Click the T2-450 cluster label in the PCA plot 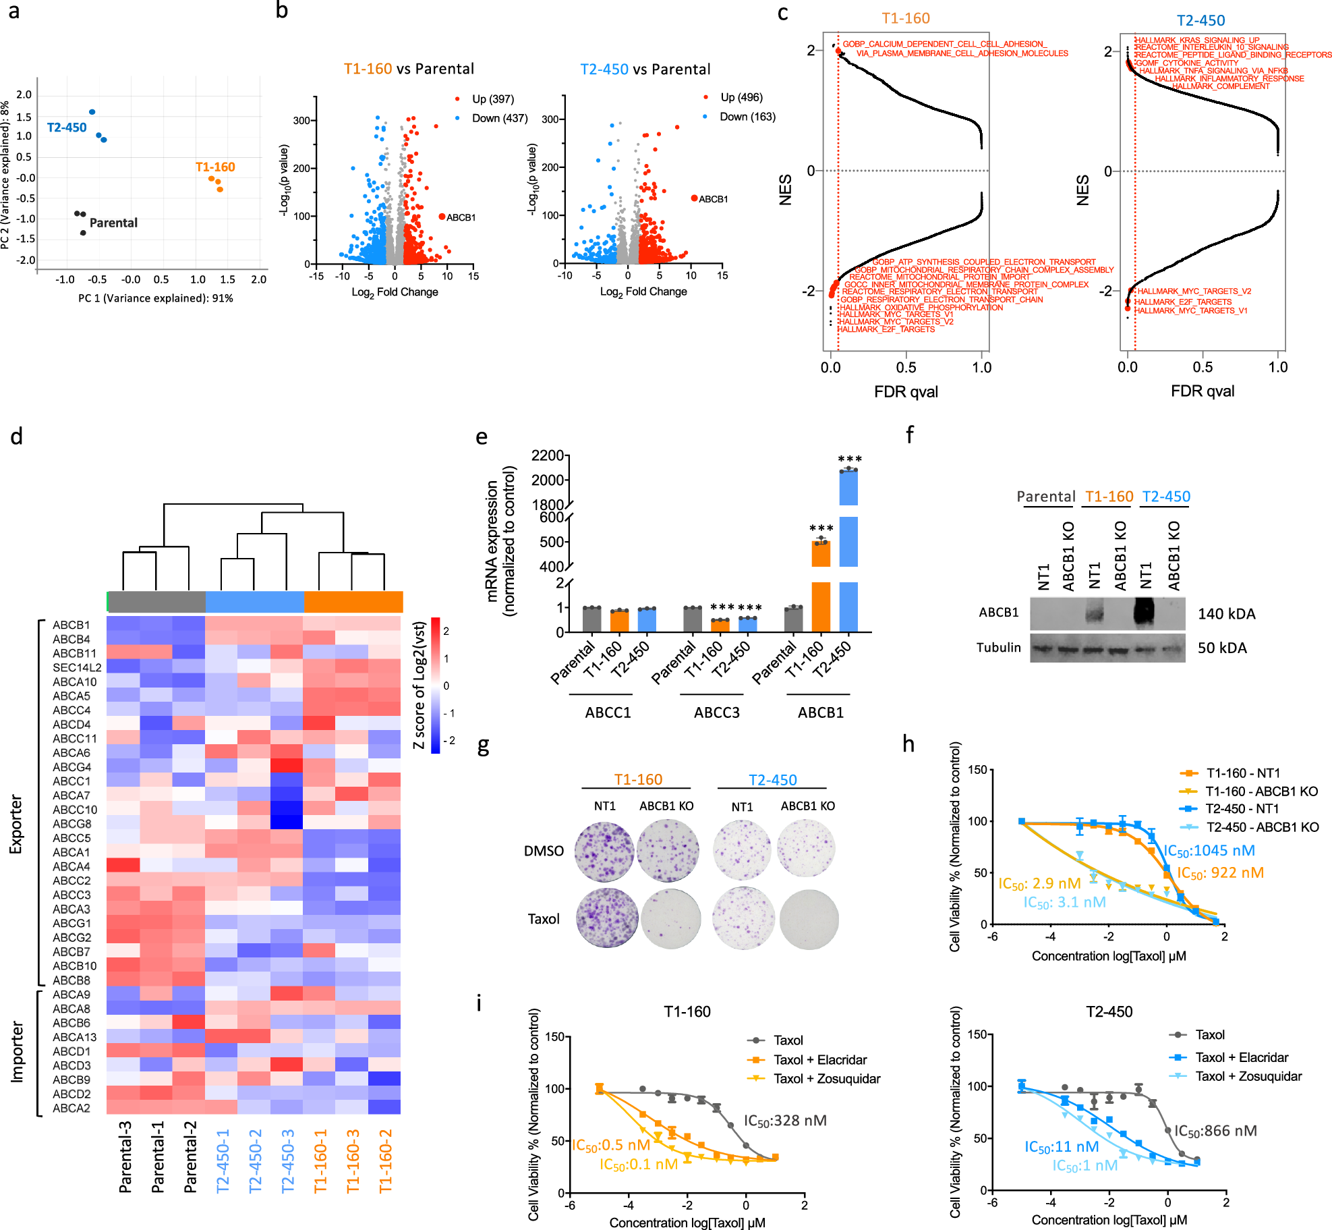67,128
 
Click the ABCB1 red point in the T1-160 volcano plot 442,217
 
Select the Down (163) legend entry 747,117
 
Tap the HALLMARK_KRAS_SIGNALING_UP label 1197,40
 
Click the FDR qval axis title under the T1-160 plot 906,392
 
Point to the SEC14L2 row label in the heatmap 77,667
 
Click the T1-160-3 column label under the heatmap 353,1161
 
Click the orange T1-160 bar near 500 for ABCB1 821,553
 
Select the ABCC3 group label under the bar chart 716,712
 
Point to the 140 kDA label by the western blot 1226,614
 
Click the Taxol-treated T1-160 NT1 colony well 607,918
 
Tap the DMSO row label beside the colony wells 544,851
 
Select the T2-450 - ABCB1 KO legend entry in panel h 1262,827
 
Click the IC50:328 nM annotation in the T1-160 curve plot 785,1121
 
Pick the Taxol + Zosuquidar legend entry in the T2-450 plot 1248,1076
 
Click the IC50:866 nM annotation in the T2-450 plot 1215,1131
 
